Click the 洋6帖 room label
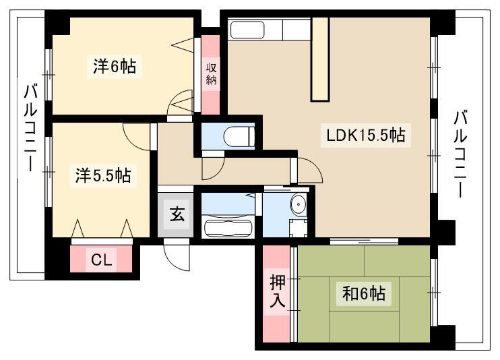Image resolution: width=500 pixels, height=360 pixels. [x=115, y=66]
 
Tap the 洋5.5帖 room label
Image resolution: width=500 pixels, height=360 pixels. [x=103, y=176]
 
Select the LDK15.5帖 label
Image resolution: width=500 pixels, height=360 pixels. [x=366, y=136]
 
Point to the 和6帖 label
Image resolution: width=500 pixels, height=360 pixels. [x=363, y=294]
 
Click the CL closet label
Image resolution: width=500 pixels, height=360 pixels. [x=101, y=259]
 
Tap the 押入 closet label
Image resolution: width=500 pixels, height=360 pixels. [x=277, y=291]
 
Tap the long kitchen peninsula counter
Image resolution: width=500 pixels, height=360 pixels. [x=319, y=59]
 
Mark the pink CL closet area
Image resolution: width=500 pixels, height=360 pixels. [x=101, y=259]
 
